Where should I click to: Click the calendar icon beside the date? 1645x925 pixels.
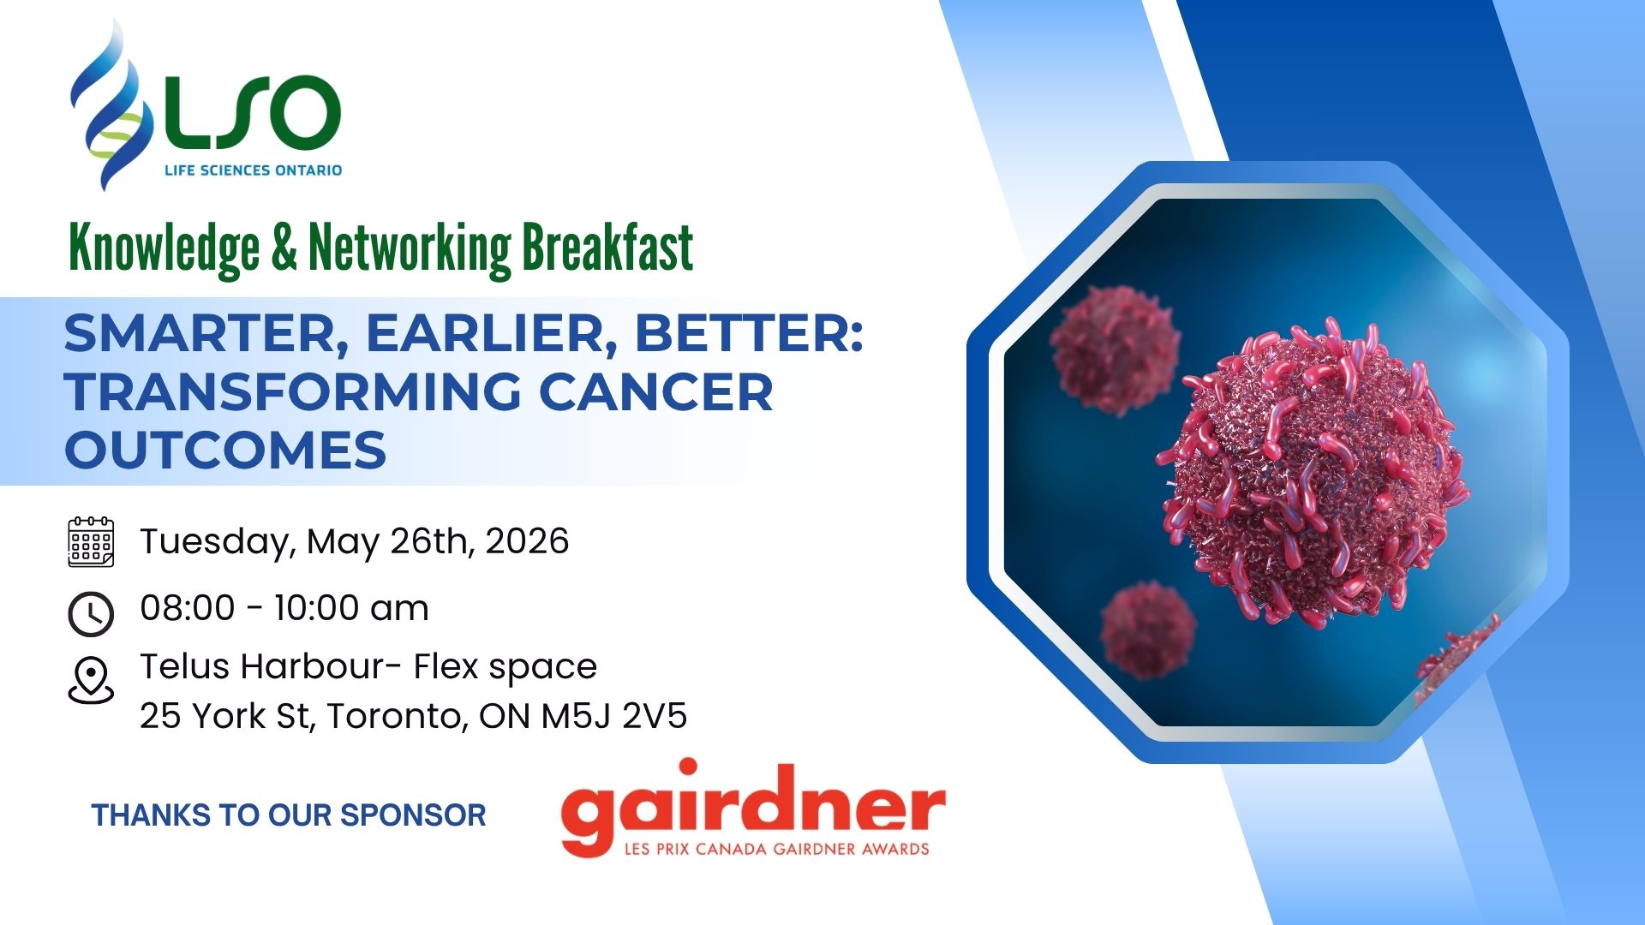pyautogui.click(x=91, y=541)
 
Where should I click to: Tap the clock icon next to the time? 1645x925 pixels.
pyautogui.click(x=91, y=613)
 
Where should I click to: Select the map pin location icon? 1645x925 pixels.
pyautogui.click(x=91, y=680)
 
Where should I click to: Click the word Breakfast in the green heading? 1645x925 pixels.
pyautogui.click(x=607, y=248)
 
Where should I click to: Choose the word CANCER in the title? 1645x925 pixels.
pyautogui.click(x=656, y=391)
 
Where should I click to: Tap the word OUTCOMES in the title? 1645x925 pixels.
pyautogui.click(x=225, y=450)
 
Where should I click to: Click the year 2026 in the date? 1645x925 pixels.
pyautogui.click(x=527, y=541)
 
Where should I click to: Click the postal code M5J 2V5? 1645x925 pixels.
pyautogui.click(x=613, y=716)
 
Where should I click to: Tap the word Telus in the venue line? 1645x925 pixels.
pyautogui.click(x=186, y=666)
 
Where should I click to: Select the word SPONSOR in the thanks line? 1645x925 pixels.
pyautogui.click(x=413, y=815)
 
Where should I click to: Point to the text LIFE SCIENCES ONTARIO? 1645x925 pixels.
pyautogui.click(x=254, y=170)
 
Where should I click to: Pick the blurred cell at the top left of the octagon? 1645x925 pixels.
pyautogui.click(x=1114, y=349)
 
